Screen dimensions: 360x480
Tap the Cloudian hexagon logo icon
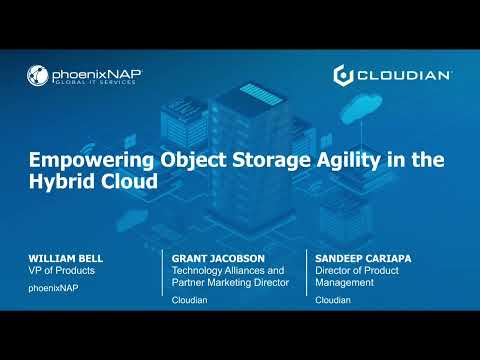(342, 75)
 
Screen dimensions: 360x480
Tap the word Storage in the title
(245, 160)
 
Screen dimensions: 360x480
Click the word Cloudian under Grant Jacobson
(188, 299)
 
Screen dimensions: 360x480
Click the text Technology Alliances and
(228, 270)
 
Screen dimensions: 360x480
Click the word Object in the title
(177, 160)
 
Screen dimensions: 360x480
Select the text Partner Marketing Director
(231, 282)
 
